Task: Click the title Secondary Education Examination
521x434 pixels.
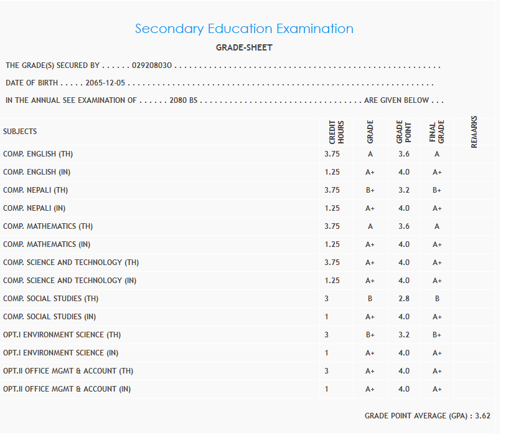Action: tap(244, 29)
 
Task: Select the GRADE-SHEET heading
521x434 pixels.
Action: tap(244, 47)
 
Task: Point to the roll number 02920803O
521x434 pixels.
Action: tap(153, 65)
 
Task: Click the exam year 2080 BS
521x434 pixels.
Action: tap(183, 100)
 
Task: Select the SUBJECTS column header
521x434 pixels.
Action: tap(20, 132)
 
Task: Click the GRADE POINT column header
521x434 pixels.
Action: tap(403, 132)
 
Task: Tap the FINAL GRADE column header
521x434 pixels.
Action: tap(437, 132)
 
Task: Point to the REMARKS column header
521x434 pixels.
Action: tap(474, 132)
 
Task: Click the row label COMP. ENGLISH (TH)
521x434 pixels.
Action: tap(38, 154)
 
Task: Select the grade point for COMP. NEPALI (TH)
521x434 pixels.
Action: tap(404, 190)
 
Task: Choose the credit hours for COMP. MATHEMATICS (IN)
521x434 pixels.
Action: tap(332, 244)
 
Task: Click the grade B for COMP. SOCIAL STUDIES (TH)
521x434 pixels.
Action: tap(370, 299)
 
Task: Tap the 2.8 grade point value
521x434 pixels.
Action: tap(404, 299)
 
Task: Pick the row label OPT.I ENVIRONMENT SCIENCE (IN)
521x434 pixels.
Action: tap(60, 353)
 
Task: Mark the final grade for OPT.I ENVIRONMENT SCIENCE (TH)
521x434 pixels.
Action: tap(437, 335)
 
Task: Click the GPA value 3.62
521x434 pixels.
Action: tap(482, 415)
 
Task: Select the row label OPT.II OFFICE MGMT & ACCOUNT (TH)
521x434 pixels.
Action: tap(68, 371)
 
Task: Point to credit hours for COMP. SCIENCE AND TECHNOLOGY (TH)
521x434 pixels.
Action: tap(332, 263)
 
